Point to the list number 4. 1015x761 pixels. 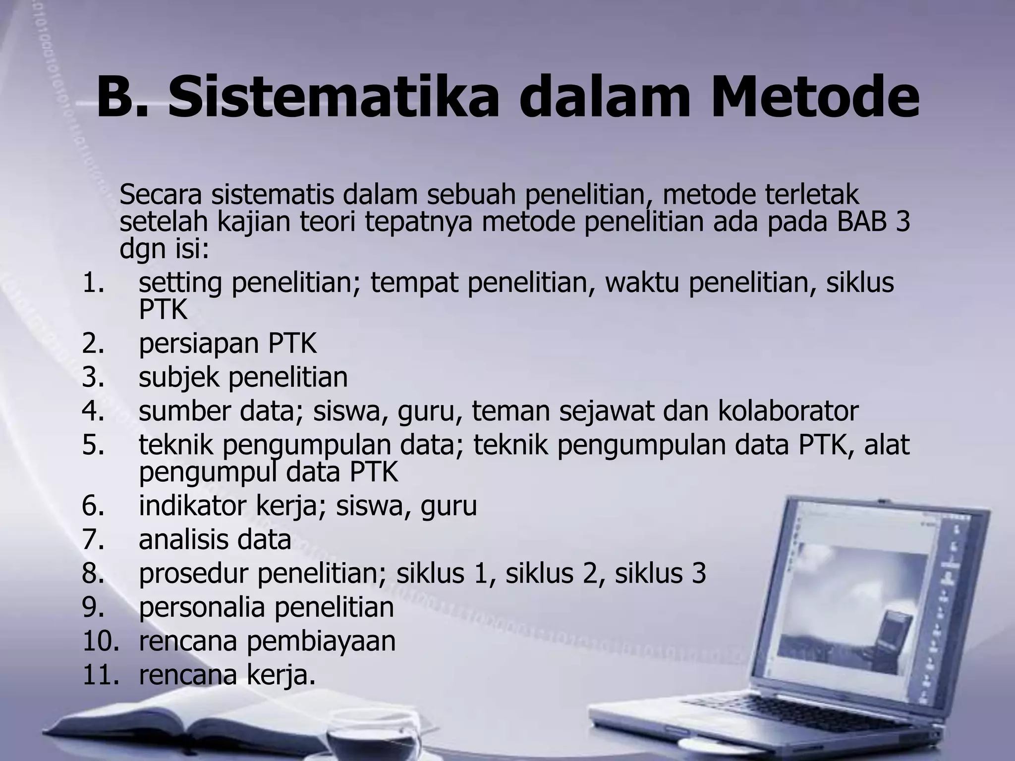(x=93, y=411)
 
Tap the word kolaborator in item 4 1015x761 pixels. (x=788, y=411)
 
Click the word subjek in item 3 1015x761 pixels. (x=179, y=378)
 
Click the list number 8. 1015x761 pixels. (x=93, y=574)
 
